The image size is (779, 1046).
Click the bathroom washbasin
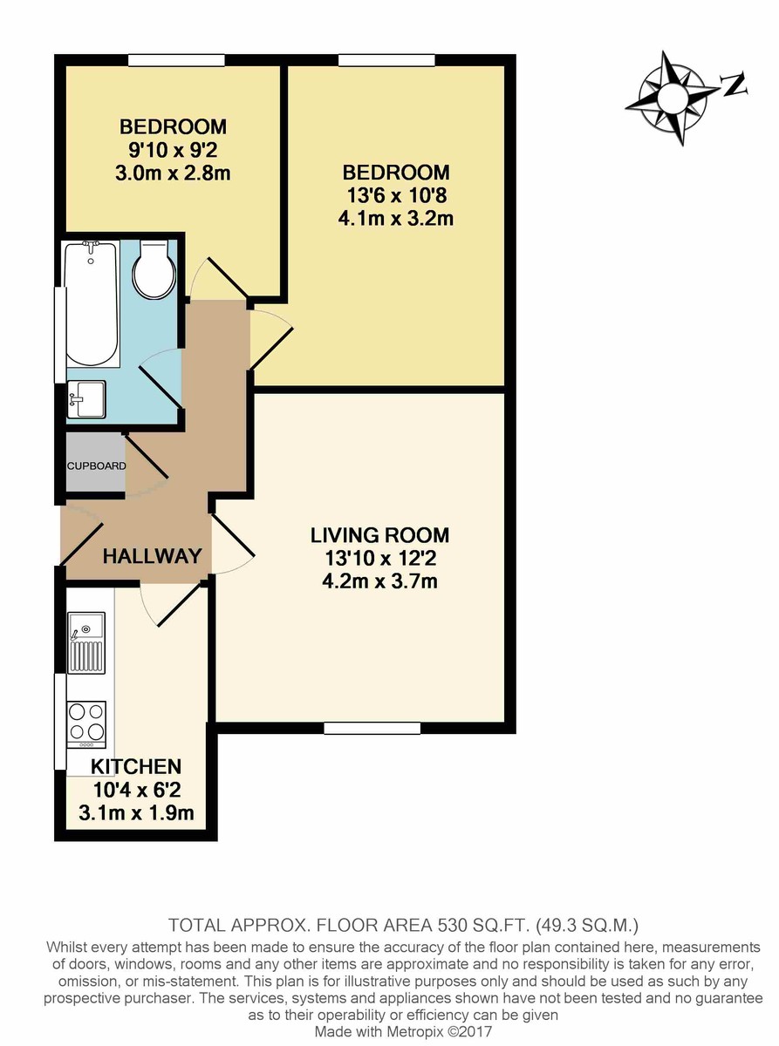coord(88,400)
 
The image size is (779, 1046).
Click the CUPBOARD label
coord(96,466)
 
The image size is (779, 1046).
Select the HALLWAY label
coord(153,555)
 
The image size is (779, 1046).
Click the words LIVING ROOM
coord(380,534)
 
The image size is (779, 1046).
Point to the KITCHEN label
coord(136,767)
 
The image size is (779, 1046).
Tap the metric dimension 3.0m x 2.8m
coord(173,173)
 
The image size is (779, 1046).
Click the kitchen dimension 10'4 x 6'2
coord(137,791)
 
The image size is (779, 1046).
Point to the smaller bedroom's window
coord(176,60)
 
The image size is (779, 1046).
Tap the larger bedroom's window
coord(386,60)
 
